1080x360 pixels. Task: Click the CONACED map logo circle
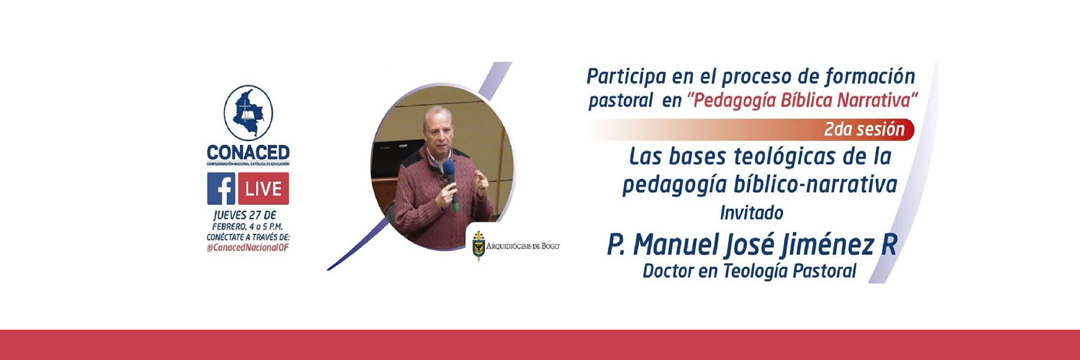click(248, 113)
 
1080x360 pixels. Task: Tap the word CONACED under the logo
click(248, 152)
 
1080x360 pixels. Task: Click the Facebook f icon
click(221, 188)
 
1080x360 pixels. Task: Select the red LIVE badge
click(263, 188)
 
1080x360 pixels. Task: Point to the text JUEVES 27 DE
click(245, 215)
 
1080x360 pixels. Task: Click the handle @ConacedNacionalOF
click(247, 247)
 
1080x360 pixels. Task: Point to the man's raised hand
click(481, 183)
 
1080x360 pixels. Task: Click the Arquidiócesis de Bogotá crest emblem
click(478, 245)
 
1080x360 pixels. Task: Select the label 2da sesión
click(864, 129)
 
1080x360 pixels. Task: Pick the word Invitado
click(751, 213)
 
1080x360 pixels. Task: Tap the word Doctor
click(668, 271)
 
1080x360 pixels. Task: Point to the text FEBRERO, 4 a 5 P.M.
click(247, 226)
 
